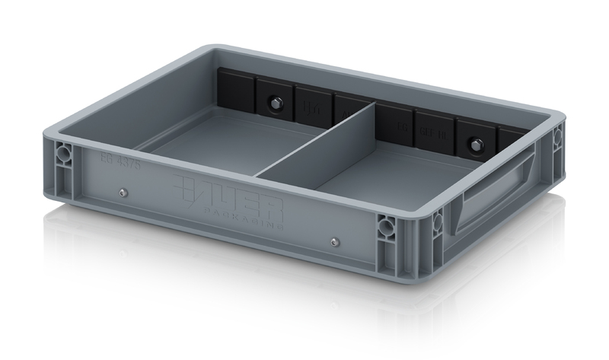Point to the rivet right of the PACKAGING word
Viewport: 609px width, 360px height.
click(334, 243)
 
